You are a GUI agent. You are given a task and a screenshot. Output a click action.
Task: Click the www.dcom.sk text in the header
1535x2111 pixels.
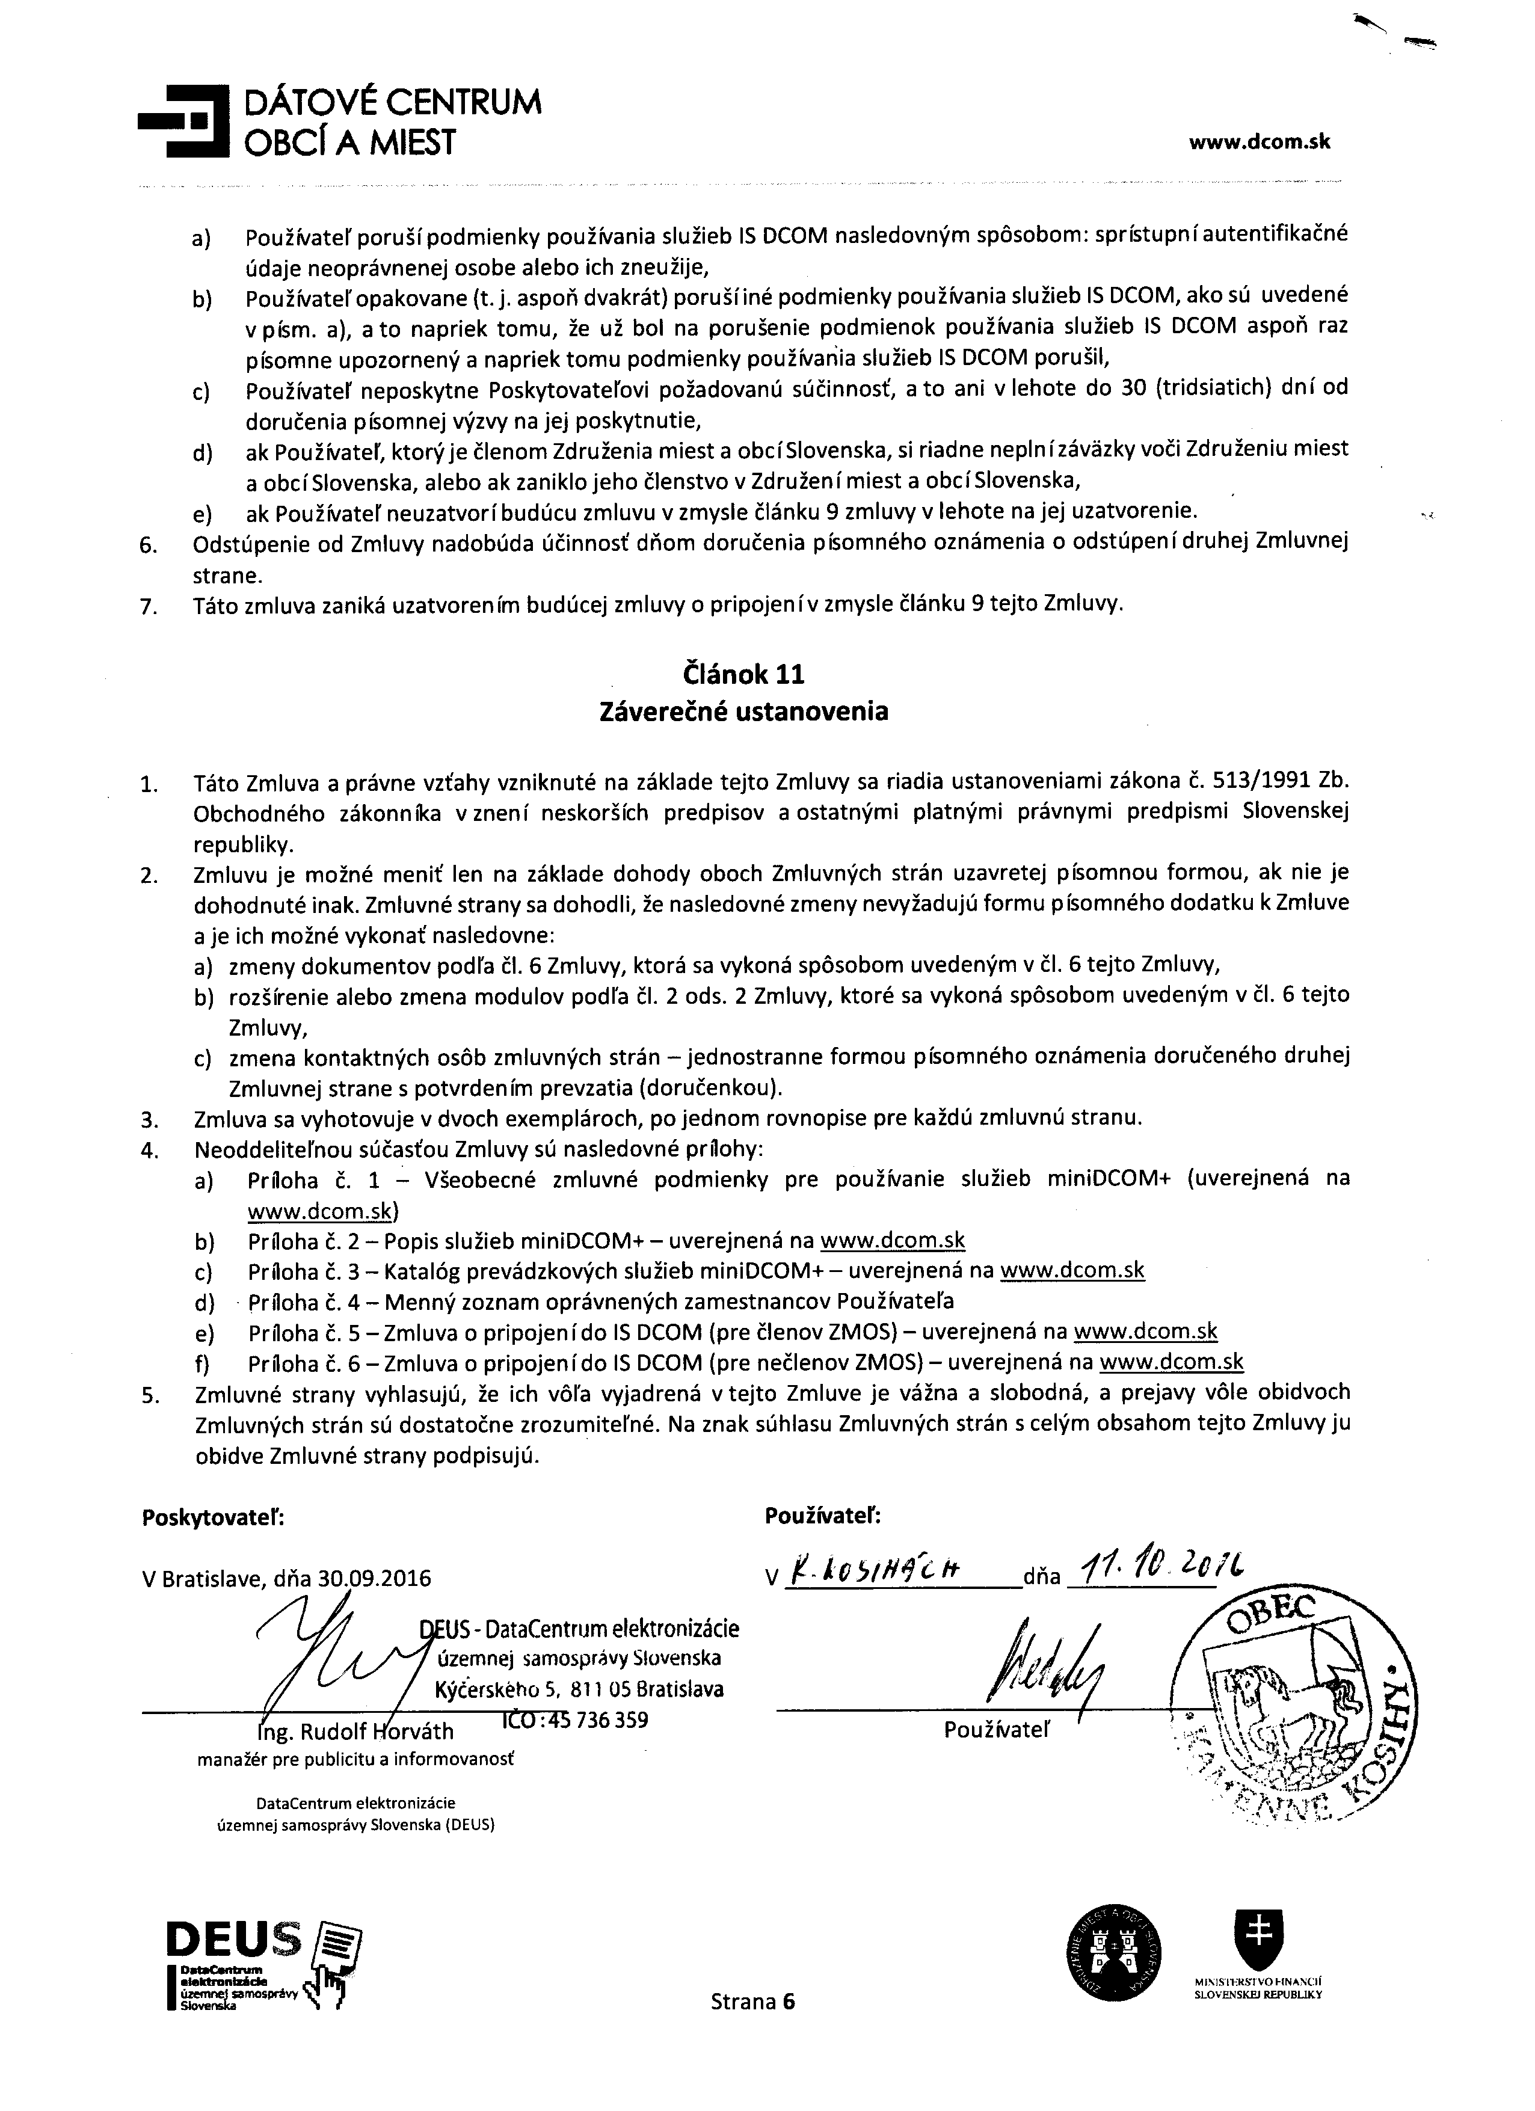1260,143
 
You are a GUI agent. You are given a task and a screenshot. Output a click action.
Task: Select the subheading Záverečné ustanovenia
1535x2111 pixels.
744,712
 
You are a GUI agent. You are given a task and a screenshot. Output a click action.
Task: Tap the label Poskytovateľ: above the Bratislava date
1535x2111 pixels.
213,1518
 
